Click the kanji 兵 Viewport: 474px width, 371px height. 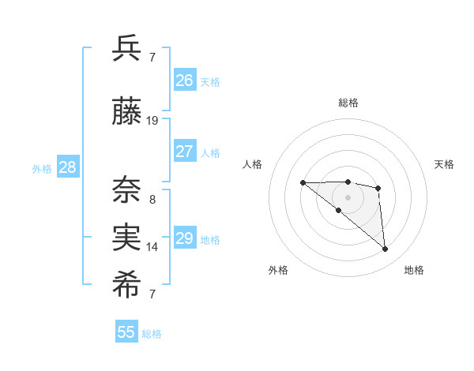127,48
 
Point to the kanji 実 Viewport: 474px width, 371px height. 127,237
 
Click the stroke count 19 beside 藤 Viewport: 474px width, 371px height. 152,121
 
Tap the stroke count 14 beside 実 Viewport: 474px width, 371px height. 152,246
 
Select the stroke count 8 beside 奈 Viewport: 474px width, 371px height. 152,200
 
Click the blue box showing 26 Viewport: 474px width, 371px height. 184,80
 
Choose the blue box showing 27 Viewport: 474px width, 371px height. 184,152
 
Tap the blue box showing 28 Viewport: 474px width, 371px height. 67,167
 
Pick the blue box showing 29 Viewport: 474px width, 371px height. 184,238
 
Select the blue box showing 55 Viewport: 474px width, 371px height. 126,332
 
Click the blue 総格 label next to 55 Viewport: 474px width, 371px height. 152,334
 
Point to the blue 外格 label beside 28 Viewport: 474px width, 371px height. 42,168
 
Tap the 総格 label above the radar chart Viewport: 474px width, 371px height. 348,103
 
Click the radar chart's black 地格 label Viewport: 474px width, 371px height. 414,270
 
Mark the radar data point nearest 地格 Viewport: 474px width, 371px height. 385,249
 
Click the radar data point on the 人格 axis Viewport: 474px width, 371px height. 303,182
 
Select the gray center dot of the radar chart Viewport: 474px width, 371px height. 348,197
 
